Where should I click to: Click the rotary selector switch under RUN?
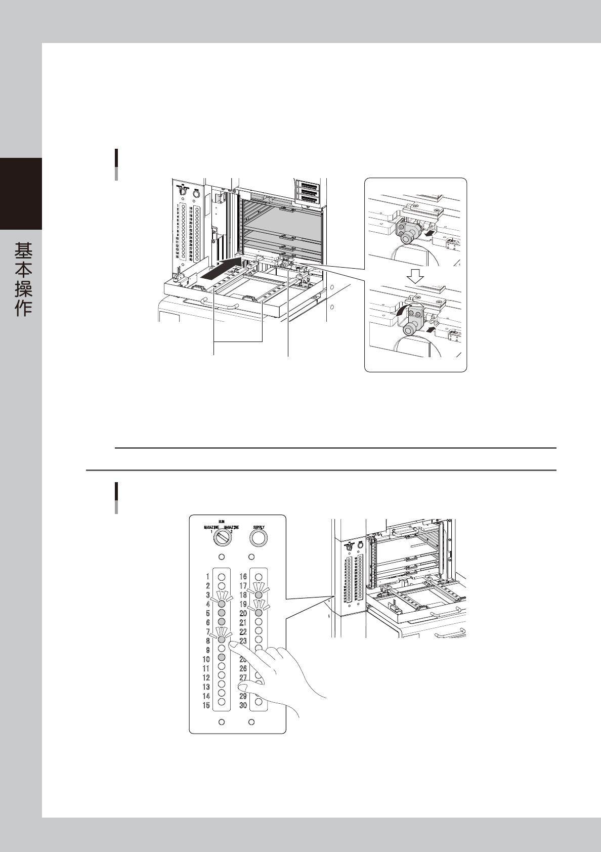221,539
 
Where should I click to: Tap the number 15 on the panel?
206,705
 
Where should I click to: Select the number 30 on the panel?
243,705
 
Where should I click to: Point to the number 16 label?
243,576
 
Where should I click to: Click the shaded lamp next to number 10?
221,657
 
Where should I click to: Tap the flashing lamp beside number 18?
259,595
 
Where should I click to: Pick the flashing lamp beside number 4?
221,603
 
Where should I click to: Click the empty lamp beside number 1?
221,576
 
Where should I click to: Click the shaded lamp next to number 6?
221,621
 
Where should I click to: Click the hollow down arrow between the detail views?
415,276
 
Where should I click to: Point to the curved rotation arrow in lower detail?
401,312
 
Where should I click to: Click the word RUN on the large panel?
221,521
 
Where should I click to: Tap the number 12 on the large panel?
206,677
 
